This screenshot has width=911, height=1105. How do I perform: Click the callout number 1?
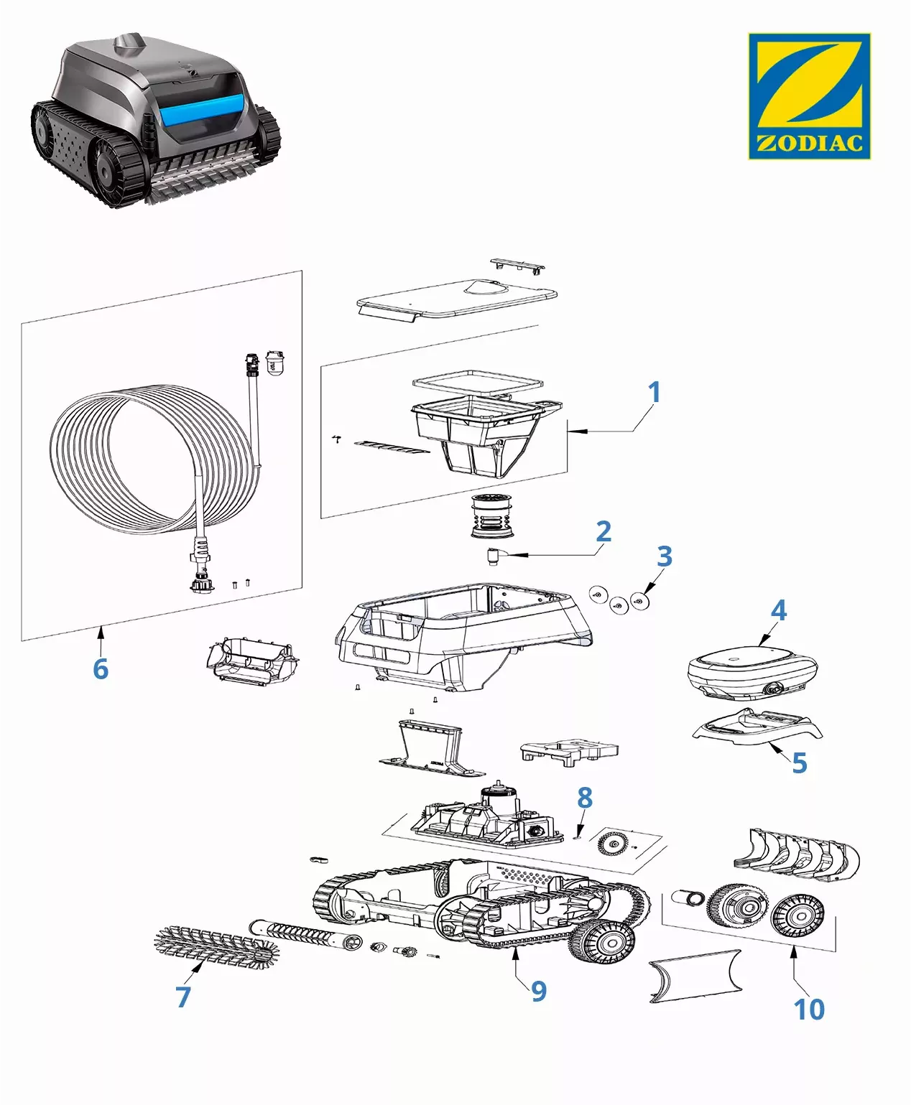coord(654,393)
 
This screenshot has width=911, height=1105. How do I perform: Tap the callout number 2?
coord(604,531)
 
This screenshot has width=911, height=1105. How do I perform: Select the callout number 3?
coord(665,556)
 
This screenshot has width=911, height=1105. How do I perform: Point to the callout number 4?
coord(779,610)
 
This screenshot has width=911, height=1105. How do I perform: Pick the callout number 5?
coord(800,763)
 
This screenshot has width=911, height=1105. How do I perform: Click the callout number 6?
coord(101,669)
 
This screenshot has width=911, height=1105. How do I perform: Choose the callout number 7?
coord(183,997)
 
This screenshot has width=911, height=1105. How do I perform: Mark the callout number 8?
coord(585,798)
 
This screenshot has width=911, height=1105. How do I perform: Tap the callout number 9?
coord(539,992)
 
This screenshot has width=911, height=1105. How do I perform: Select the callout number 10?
coord(809,1010)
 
